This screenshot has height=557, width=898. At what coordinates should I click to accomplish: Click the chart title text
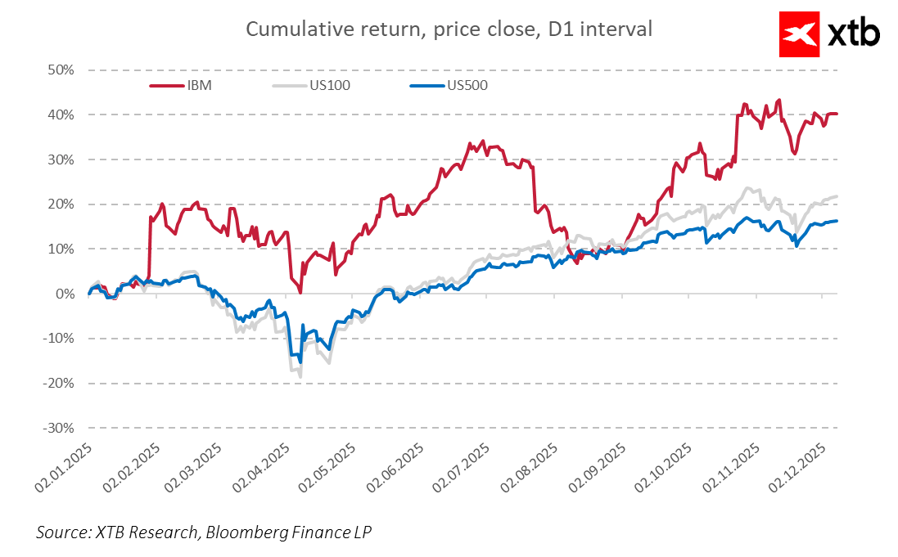[x=449, y=29]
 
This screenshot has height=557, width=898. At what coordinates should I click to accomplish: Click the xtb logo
[x=829, y=34]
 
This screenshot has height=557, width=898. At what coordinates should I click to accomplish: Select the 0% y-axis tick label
[x=65, y=294]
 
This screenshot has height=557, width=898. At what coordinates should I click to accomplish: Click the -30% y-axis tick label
[x=61, y=428]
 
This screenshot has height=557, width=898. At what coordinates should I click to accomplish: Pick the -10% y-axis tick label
[x=61, y=339]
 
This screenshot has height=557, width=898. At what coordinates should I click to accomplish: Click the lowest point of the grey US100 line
[x=300, y=376]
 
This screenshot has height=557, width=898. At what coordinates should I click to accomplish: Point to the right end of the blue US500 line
[x=837, y=221]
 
